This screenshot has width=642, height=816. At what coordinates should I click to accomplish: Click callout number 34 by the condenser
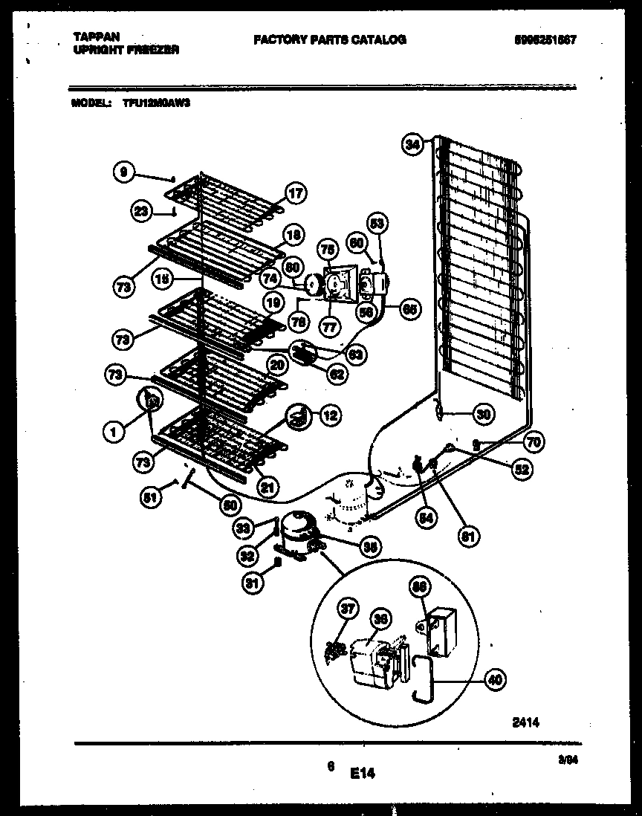point(412,145)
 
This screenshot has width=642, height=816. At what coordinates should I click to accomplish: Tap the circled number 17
point(295,194)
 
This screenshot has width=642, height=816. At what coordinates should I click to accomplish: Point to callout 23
point(140,211)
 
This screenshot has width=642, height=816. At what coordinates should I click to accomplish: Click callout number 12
point(329,416)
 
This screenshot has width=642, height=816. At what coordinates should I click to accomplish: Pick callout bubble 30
point(483,415)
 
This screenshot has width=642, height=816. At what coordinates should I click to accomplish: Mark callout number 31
point(253,583)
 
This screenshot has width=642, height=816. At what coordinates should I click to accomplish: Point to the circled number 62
point(337,375)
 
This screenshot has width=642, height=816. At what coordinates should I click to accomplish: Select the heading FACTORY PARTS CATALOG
point(330,40)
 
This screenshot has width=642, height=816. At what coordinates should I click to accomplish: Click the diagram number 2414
point(525,721)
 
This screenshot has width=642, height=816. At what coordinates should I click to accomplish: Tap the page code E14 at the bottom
point(362,774)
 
